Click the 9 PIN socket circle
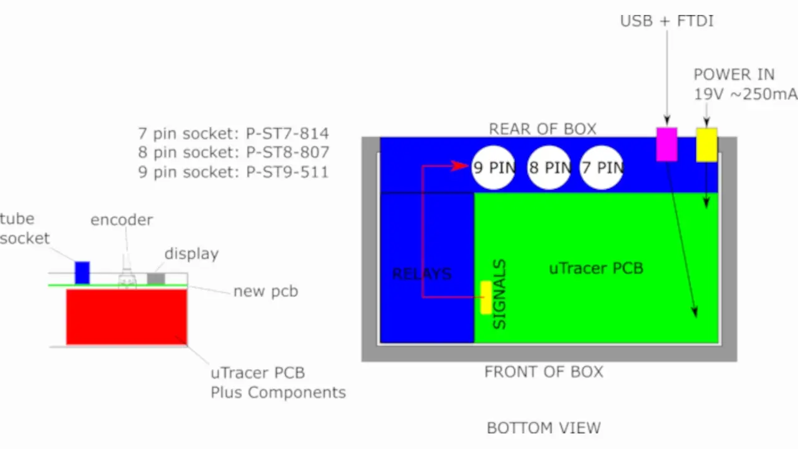click(493, 167)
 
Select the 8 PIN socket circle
click(549, 167)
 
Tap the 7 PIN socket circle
click(602, 167)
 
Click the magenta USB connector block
click(666, 144)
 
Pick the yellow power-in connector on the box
click(706, 145)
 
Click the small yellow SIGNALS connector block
click(486, 297)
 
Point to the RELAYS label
click(421, 274)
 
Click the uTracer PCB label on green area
click(595, 268)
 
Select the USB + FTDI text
click(666, 21)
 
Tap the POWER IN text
click(734, 75)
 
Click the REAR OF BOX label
click(542, 129)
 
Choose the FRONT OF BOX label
click(544, 372)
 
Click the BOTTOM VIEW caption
click(544, 428)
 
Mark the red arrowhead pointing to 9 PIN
click(461, 166)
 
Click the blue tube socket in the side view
click(82, 273)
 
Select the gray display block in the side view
click(156, 279)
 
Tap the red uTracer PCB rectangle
click(127, 317)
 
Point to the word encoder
click(122, 220)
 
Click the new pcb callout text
click(266, 291)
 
